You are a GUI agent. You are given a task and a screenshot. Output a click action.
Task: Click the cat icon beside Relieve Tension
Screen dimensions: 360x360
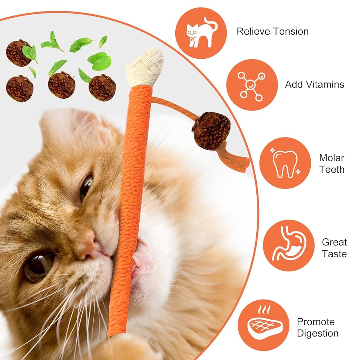point(201,33)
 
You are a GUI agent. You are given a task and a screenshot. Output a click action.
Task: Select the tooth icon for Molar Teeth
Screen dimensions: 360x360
point(285,163)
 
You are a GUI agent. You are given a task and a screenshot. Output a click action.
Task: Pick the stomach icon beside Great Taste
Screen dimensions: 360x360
point(289,246)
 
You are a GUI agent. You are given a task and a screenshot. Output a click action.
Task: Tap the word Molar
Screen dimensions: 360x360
point(332,158)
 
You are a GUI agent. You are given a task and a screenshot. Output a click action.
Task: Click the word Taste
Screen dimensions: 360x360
point(334,254)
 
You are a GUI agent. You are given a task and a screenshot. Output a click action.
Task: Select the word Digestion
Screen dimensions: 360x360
point(318,333)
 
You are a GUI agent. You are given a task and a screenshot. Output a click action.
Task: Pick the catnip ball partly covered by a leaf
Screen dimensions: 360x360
point(19,53)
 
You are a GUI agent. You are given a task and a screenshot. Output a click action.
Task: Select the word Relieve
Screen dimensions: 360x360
point(253,31)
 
